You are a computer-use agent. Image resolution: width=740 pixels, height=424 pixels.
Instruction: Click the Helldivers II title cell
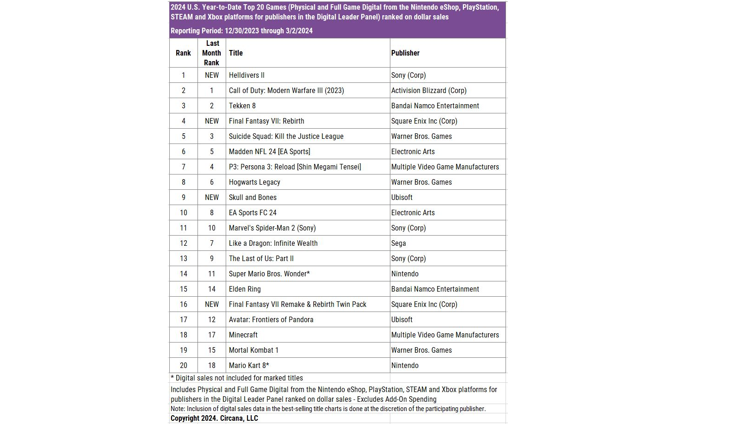tap(247, 75)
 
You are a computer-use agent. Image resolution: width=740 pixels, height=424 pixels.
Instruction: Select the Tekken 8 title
tap(242, 106)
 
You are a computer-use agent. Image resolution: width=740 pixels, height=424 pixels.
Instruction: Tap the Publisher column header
tap(405, 53)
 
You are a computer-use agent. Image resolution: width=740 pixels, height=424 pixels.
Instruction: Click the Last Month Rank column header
tap(212, 53)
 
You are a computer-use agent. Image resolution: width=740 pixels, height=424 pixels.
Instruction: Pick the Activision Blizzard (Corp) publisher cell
tap(429, 90)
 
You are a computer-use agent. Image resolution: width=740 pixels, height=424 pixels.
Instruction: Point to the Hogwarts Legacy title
tap(254, 182)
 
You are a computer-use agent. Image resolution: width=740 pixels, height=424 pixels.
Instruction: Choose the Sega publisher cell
tap(398, 243)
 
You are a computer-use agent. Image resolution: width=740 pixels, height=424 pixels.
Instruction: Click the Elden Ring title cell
tap(245, 289)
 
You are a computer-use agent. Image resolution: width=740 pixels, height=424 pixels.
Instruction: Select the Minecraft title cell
tap(243, 335)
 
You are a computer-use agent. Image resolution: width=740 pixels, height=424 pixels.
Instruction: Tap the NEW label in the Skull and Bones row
tap(212, 197)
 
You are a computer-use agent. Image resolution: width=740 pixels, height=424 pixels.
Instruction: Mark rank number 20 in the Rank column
tap(184, 365)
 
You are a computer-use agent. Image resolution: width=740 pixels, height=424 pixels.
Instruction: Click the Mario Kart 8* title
tap(249, 365)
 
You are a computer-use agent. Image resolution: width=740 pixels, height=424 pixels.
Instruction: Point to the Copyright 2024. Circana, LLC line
tap(214, 418)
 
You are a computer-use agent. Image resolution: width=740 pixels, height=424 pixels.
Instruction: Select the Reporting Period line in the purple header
tap(241, 31)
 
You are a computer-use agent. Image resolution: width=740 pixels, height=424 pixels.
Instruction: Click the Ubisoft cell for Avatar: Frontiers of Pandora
tap(402, 319)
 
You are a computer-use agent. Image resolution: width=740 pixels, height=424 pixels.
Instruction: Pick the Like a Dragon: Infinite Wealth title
tap(273, 243)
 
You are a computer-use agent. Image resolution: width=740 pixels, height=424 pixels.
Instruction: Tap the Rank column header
tap(183, 53)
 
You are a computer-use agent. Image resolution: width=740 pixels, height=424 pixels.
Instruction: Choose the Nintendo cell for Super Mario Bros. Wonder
tap(405, 274)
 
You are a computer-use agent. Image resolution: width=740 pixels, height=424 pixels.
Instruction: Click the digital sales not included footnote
tap(237, 378)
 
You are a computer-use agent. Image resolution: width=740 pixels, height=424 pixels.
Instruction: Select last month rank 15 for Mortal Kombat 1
tap(212, 350)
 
